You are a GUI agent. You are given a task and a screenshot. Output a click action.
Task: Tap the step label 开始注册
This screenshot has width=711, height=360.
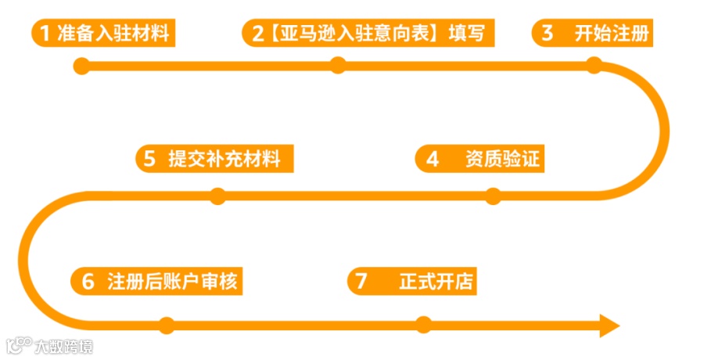coord(611,34)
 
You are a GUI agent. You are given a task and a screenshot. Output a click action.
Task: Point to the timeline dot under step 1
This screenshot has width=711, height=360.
coord(85,66)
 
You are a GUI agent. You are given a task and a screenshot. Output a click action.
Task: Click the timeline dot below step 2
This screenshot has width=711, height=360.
coord(338,66)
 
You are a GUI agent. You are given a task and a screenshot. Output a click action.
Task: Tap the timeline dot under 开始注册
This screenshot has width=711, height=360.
coord(594,66)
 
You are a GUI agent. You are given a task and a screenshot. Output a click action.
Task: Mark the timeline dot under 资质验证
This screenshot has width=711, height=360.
coord(493,196)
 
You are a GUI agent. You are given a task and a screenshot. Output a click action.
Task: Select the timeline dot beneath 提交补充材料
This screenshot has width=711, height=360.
coord(217,196)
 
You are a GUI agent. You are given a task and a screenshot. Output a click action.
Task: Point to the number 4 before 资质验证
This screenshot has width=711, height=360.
coord(433,160)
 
